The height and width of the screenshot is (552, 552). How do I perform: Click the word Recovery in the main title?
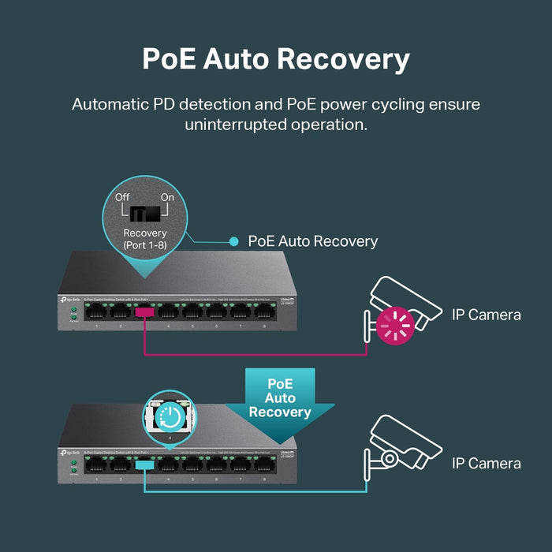[x=341, y=59]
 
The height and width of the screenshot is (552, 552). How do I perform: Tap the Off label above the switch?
[x=122, y=197]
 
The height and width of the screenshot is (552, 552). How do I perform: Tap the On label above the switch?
[x=167, y=197]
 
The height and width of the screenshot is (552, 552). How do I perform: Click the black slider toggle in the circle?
[x=145, y=214]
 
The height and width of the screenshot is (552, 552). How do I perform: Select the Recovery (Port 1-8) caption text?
[x=145, y=239]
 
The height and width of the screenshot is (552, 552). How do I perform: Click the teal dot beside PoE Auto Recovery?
[x=233, y=241]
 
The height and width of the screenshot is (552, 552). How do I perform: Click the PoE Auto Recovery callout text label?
[x=313, y=241]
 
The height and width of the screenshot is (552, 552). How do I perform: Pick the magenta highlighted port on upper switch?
[x=144, y=312]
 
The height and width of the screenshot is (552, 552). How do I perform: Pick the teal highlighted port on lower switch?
[x=144, y=465]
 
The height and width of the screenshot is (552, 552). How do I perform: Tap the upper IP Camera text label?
[x=486, y=315]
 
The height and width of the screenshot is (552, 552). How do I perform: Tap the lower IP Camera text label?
[x=486, y=463]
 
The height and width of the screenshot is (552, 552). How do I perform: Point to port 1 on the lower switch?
[x=96, y=465]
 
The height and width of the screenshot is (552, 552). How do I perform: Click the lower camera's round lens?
[x=389, y=458]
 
